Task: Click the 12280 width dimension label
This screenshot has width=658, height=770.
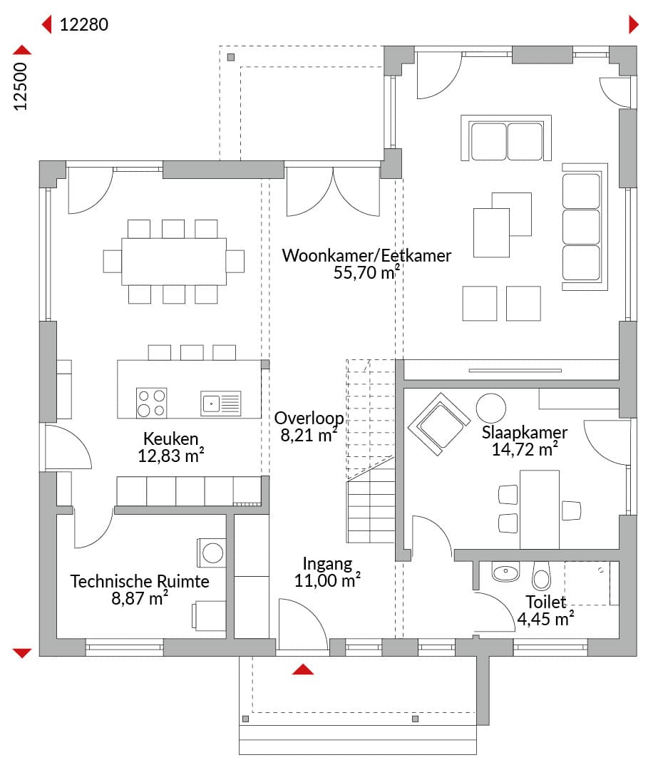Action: (84, 24)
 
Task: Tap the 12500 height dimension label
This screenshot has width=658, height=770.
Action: (21, 86)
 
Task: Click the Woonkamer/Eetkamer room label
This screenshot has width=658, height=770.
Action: (366, 255)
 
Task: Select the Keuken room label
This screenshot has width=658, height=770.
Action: (171, 438)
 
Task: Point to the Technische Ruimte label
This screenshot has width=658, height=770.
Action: (140, 581)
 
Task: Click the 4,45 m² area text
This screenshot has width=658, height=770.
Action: (545, 619)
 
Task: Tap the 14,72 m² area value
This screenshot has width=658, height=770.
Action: (525, 449)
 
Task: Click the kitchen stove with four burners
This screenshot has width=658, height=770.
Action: (151, 403)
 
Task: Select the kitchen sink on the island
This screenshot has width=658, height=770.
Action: (221, 403)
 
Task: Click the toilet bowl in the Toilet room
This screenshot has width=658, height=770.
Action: (542, 575)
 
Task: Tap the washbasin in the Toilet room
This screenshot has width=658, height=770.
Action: (505, 572)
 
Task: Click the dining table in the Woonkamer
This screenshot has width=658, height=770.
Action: (174, 261)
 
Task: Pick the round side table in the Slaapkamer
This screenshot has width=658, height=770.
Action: (490, 408)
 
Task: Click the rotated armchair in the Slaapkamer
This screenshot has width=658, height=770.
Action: (439, 424)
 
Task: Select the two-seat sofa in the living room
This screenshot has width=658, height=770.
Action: (506, 138)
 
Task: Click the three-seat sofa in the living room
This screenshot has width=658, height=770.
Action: (585, 227)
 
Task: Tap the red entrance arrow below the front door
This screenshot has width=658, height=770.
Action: (303, 669)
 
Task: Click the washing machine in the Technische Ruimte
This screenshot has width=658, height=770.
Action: (212, 553)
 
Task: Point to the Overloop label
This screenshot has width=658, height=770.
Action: (309, 418)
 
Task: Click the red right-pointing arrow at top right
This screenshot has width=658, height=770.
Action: (634, 24)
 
